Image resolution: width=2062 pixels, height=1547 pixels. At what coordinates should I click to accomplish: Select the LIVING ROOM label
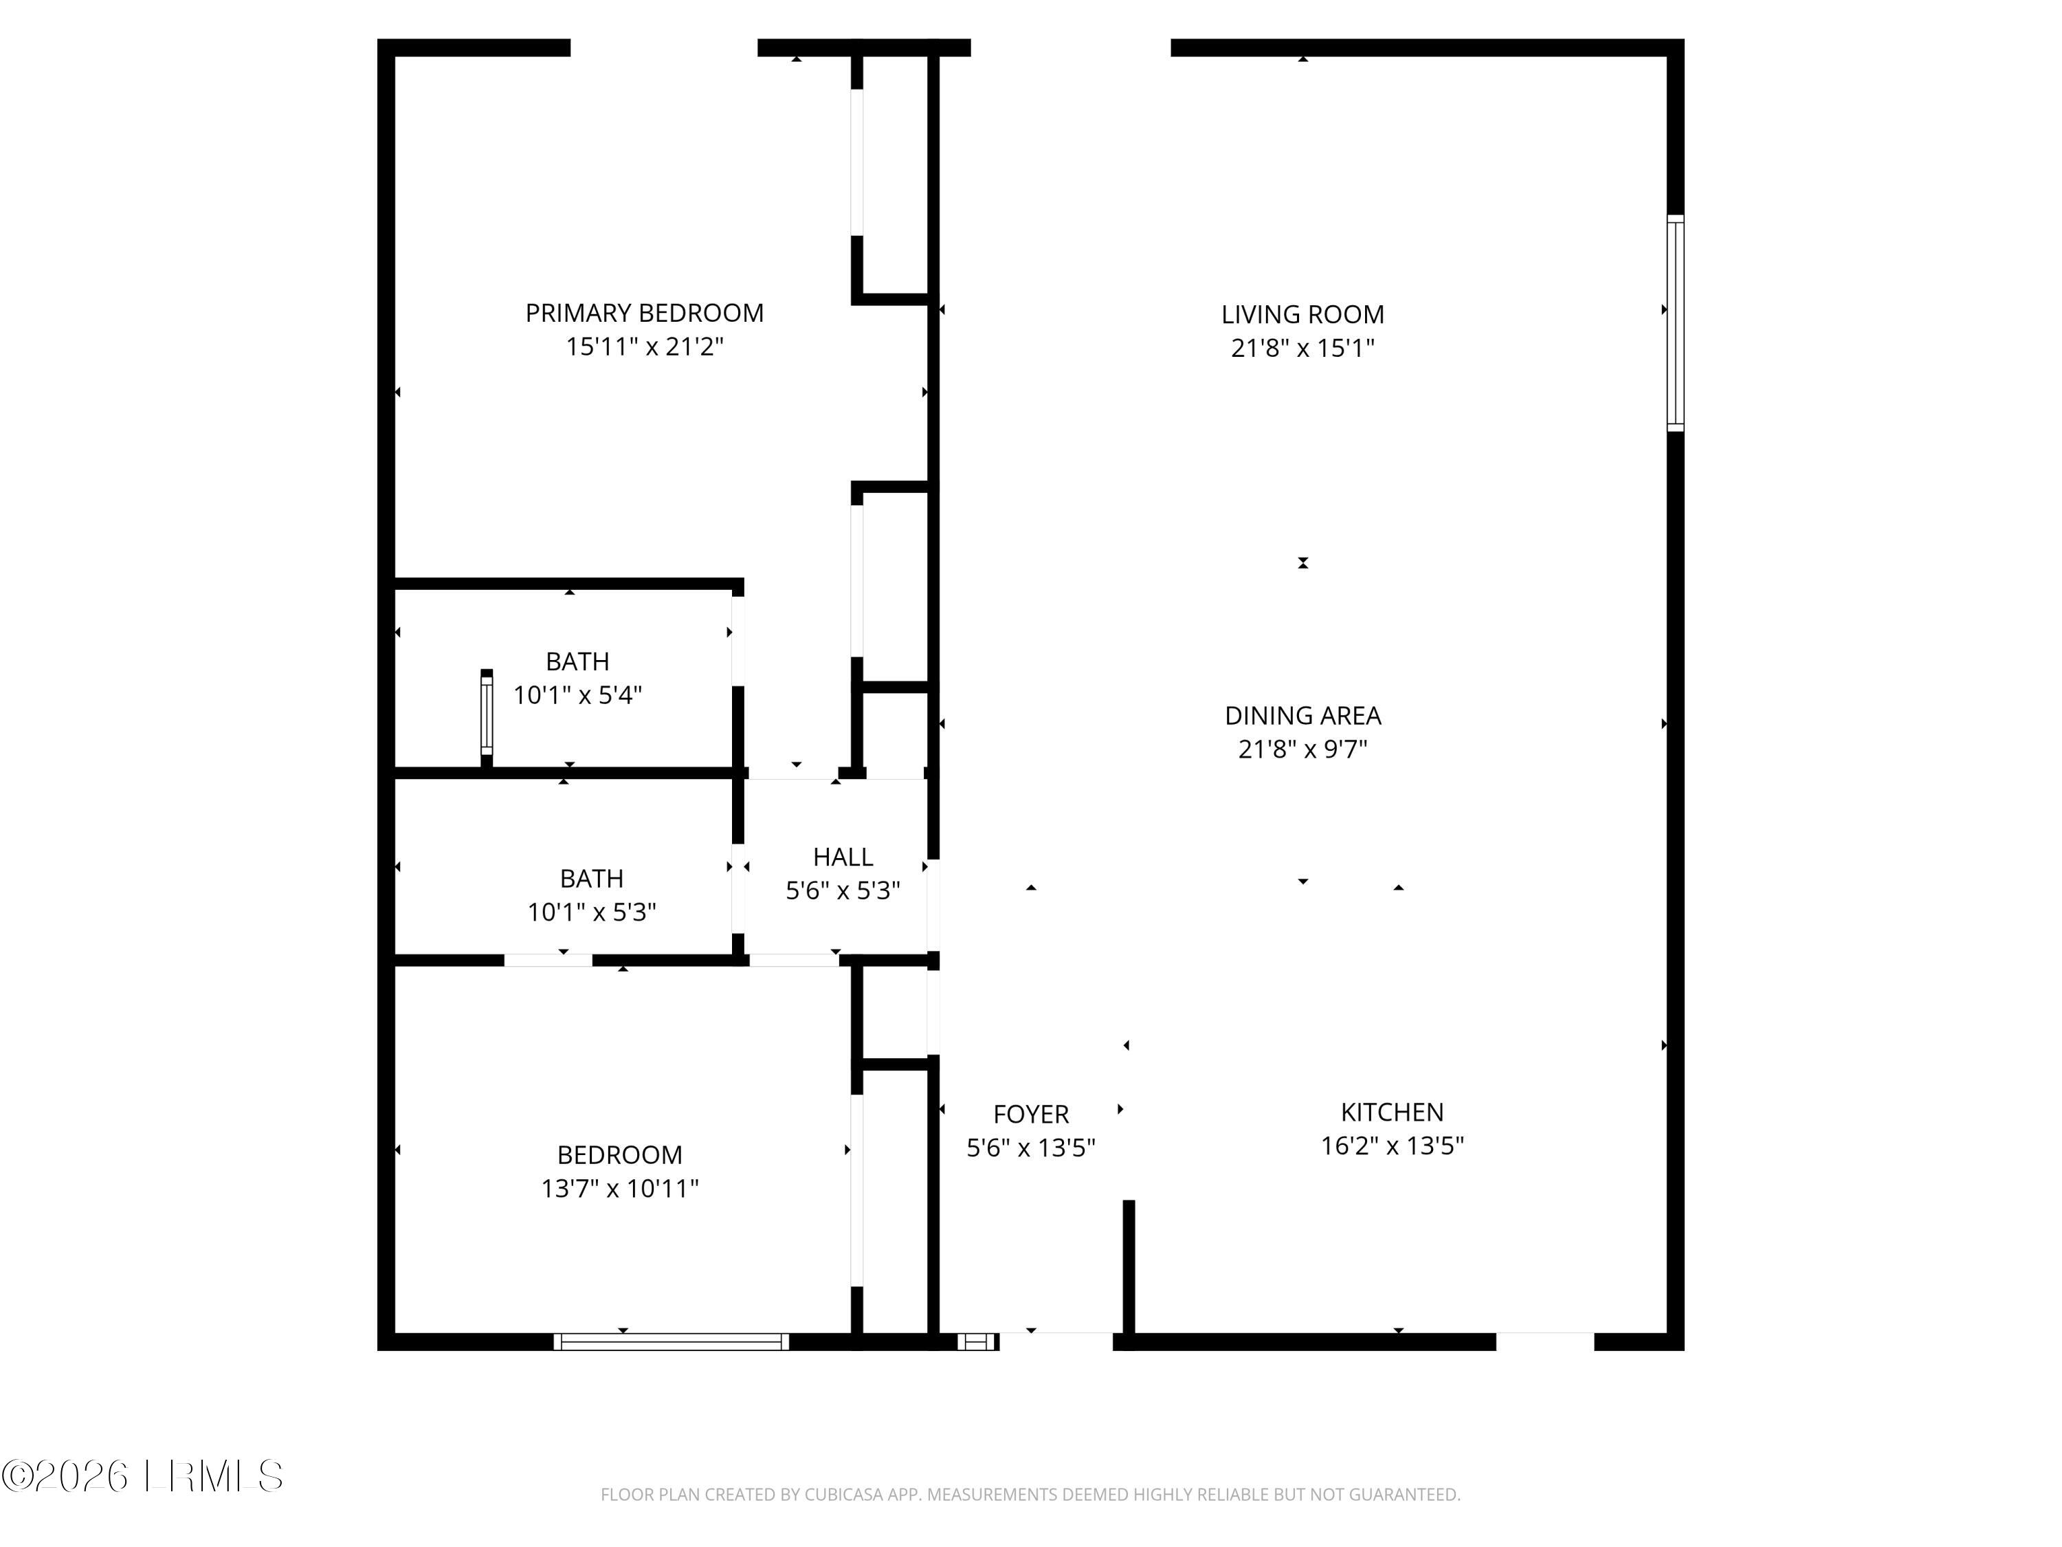pyautogui.click(x=1302, y=314)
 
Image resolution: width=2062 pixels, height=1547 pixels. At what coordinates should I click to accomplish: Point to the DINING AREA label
pyautogui.click(x=1302, y=715)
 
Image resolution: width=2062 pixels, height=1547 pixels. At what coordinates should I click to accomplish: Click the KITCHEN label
pyautogui.click(x=1392, y=1112)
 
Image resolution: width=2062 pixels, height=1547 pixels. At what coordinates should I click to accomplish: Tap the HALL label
pyautogui.click(x=843, y=856)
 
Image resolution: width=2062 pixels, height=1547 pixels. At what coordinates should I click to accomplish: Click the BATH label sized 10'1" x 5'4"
pyautogui.click(x=577, y=661)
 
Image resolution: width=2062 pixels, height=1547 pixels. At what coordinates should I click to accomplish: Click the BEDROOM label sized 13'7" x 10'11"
pyautogui.click(x=619, y=1154)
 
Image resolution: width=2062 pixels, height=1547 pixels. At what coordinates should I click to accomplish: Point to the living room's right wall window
pyautogui.click(x=1674, y=322)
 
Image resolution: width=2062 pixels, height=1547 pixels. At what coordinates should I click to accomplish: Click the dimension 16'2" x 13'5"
pyautogui.click(x=1392, y=1145)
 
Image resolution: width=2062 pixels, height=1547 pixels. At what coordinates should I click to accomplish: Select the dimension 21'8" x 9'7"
pyautogui.click(x=1302, y=749)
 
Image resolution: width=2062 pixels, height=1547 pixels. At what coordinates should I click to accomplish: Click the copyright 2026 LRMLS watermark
pyautogui.click(x=142, y=1476)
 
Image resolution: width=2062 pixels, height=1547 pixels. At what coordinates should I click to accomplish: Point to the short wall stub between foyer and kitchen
pyautogui.click(x=1128, y=1268)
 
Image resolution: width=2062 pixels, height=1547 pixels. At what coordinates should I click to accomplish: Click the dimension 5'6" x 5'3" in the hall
pyautogui.click(x=843, y=890)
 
